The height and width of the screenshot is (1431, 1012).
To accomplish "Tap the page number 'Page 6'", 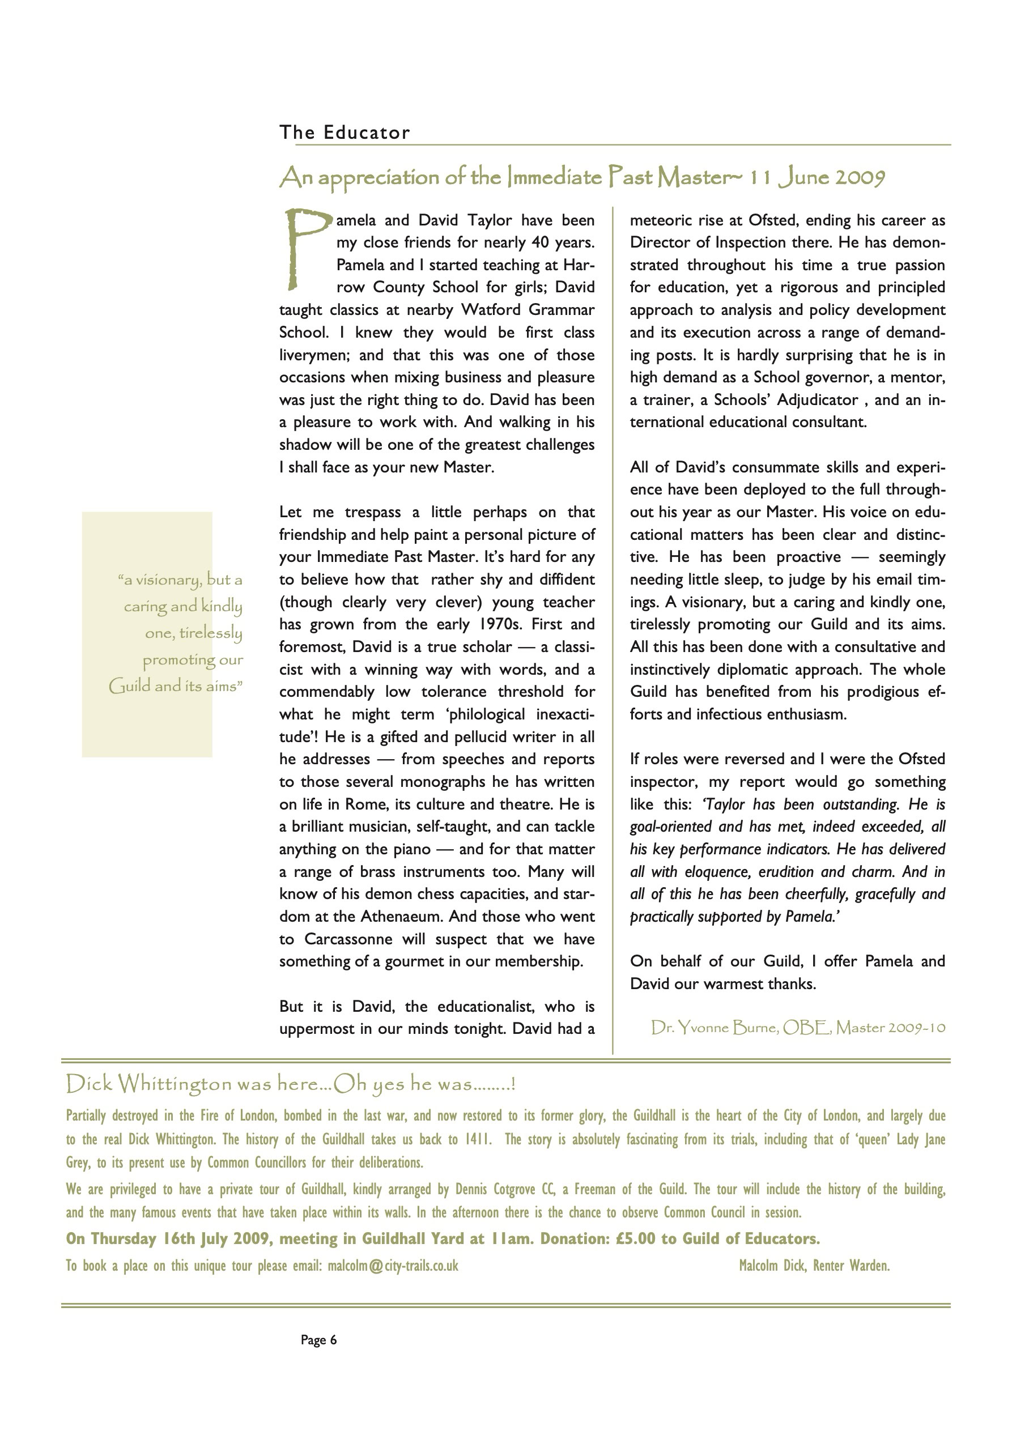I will [x=318, y=1339].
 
